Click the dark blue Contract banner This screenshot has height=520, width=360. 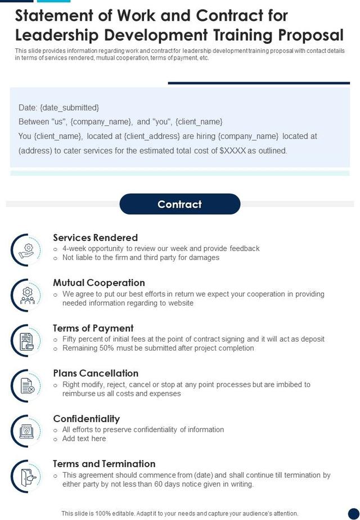179,204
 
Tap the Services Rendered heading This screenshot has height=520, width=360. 95,237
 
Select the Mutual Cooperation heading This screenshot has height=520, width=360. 99,283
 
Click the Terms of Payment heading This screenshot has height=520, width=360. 93,328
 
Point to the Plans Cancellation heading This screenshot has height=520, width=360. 96,373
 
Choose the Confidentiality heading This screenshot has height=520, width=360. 86,419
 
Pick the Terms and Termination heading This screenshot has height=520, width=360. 104,464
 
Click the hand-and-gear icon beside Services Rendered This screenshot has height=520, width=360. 26,249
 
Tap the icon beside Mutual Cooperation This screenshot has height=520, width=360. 26,294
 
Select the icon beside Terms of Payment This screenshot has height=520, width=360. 26,340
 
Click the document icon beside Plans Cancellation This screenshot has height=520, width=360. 26,385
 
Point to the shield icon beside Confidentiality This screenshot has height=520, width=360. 26,431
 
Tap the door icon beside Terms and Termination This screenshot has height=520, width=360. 26,476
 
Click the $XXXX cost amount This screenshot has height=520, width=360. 233,151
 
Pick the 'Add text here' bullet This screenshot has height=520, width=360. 84,438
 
